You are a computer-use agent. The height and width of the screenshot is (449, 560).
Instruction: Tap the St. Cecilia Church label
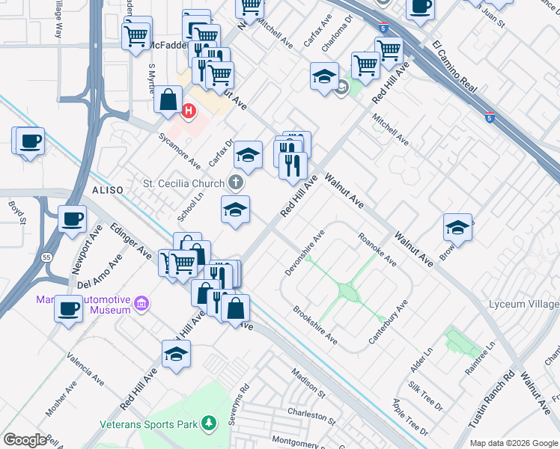pos(183,183)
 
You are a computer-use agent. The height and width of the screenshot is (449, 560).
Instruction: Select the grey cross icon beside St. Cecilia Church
pos(236,183)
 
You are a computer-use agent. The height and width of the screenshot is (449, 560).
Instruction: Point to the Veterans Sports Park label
pos(150,424)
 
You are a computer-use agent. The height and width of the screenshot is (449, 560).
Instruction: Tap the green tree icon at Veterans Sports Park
pos(210,424)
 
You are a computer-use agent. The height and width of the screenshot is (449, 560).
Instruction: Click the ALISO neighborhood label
pos(107,191)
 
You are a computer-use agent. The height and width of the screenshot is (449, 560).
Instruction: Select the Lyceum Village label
pos(523,304)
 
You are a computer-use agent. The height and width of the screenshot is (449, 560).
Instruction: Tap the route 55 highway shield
pos(47,256)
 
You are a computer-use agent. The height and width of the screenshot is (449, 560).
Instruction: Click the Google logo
pos(24,439)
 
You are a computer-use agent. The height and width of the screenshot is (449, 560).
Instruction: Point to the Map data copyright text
pos(514,443)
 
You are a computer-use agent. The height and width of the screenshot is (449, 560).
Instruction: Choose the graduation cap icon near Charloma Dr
pos(323,76)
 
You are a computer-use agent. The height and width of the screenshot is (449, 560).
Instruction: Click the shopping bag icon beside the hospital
pos(168,99)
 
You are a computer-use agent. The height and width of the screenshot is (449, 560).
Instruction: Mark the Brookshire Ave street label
pos(314,326)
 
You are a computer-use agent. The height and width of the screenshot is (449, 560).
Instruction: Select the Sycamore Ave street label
pos(179,151)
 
